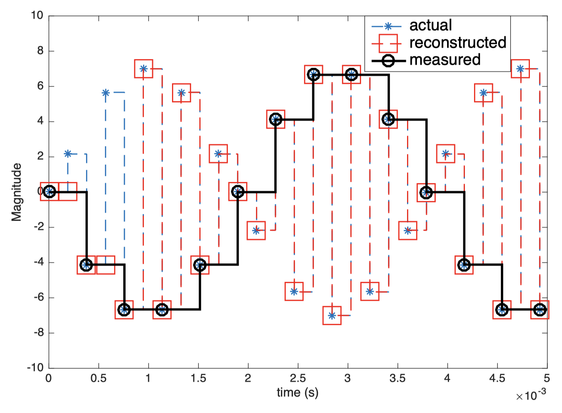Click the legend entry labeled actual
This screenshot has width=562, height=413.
(430, 25)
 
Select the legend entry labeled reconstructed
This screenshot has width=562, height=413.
(457, 42)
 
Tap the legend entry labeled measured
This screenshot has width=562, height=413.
(445, 60)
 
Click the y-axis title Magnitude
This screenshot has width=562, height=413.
(17, 192)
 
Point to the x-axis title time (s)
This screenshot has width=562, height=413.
(297, 392)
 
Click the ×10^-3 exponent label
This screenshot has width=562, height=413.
(531, 395)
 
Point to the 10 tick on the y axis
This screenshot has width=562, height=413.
(37, 15)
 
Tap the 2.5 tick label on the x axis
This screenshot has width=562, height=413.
(297, 378)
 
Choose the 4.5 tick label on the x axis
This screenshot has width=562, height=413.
(497, 378)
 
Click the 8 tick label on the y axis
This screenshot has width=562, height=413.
(40, 51)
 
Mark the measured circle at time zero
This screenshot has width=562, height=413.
(49, 192)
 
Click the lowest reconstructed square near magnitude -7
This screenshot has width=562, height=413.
(332, 315)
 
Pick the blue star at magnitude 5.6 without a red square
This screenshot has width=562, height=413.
(105, 93)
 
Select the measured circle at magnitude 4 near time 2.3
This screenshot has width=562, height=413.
(275, 119)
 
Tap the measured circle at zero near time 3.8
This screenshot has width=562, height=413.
(426, 193)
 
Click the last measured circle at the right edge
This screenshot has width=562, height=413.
(539, 310)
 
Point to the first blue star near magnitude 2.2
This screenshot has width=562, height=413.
(68, 154)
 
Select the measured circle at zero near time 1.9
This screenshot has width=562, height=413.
(238, 192)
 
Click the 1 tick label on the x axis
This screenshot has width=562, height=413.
(148, 378)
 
